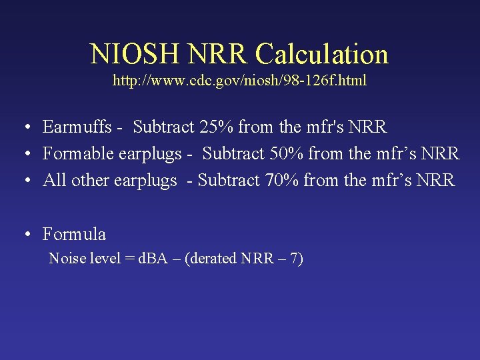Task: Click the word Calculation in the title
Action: [323, 54]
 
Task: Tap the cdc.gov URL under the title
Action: [239, 81]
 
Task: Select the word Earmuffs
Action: [77, 127]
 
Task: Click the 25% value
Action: [215, 127]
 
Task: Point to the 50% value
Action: [285, 153]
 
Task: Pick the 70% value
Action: [280, 180]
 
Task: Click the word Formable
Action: [78, 153]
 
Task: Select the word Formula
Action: [74, 234]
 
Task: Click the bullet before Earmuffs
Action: [24, 127]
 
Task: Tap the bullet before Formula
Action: [24, 235]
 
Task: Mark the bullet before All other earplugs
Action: [24, 181]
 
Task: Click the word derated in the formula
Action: [214, 259]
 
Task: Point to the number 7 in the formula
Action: [293, 259]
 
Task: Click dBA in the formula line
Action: [153, 259]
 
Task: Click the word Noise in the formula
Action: [65, 259]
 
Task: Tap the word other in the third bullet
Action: [89, 180]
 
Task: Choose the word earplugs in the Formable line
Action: [150, 154]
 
